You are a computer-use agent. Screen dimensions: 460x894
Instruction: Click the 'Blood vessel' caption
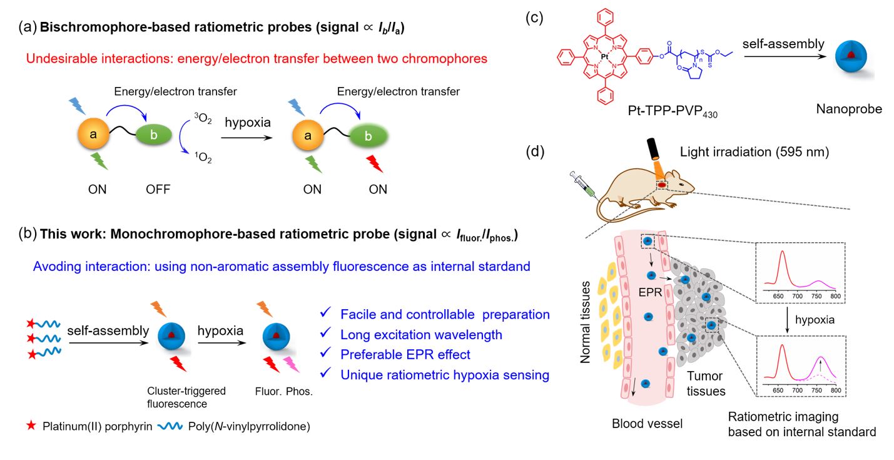[647, 424]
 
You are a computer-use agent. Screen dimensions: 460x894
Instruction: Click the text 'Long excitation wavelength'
[421, 334]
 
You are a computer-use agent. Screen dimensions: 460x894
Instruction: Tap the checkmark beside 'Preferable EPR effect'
[324, 354]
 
